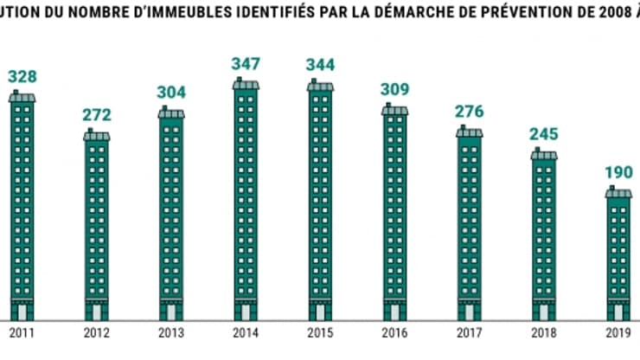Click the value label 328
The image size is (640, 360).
pos(22,77)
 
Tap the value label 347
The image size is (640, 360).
pos(246,65)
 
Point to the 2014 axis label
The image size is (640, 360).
pos(246,331)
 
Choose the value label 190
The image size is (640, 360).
pos(618,173)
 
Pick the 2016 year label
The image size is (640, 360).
pos(394,331)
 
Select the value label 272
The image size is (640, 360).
pos(97,115)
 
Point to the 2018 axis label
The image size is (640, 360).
pos(544,331)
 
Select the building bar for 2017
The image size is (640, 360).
pos(470,225)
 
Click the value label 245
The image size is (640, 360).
pos(544,134)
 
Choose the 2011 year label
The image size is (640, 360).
pos(22,331)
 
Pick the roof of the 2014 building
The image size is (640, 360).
pos(246,84)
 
